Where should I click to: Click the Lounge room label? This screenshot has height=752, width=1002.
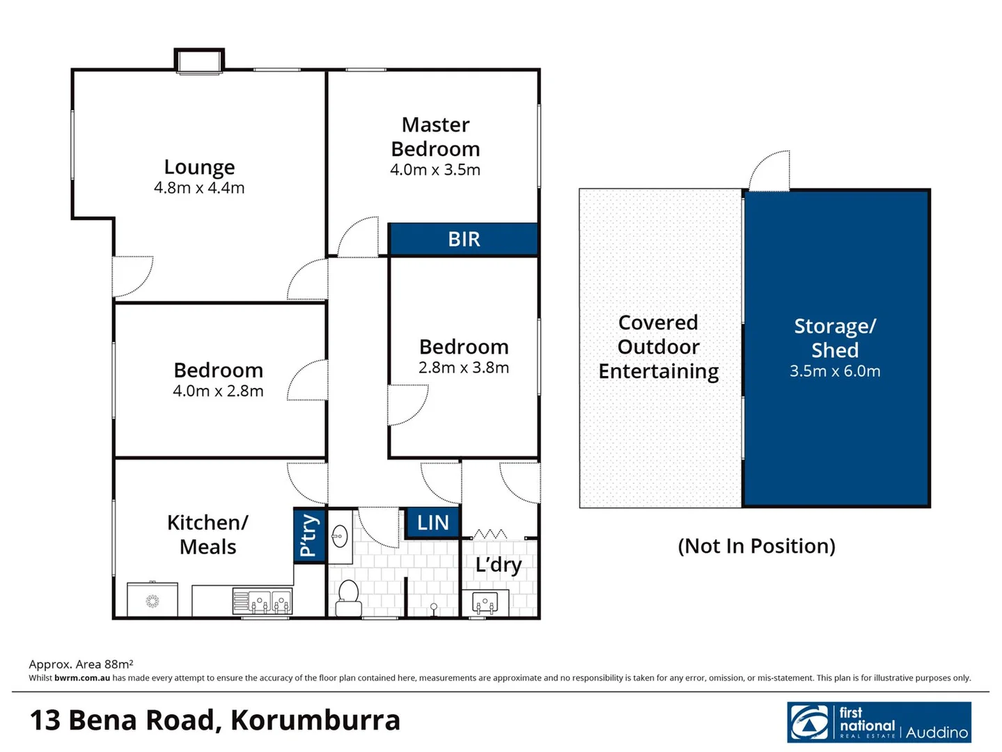coord(199,167)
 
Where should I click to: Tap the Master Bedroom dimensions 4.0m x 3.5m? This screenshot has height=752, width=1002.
coord(435,170)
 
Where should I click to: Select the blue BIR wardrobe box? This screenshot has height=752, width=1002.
coord(464,240)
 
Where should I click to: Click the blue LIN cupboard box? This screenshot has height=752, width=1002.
coord(432,523)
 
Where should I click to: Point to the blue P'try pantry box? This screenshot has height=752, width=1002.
coord(309,535)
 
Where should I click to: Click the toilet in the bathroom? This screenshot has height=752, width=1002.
coord(348,597)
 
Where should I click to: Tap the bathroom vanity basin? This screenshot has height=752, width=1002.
coord(340,536)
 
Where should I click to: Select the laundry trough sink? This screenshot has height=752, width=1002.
coord(485,602)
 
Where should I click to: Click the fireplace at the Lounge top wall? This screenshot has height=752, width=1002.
coord(199,61)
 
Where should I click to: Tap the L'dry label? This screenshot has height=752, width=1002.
coord(499,565)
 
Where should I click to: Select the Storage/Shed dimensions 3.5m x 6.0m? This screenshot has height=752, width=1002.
coord(835,372)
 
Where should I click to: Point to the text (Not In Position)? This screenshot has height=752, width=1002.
coord(756,546)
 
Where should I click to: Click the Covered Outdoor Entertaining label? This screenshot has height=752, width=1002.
coord(658,347)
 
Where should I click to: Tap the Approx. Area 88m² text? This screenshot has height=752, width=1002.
coord(81,664)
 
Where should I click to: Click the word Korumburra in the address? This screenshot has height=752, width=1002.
coord(315,721)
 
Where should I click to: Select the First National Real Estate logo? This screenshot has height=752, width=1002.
coord(879,722)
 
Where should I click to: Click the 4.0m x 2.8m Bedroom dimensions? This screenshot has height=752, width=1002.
coord(218,391)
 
